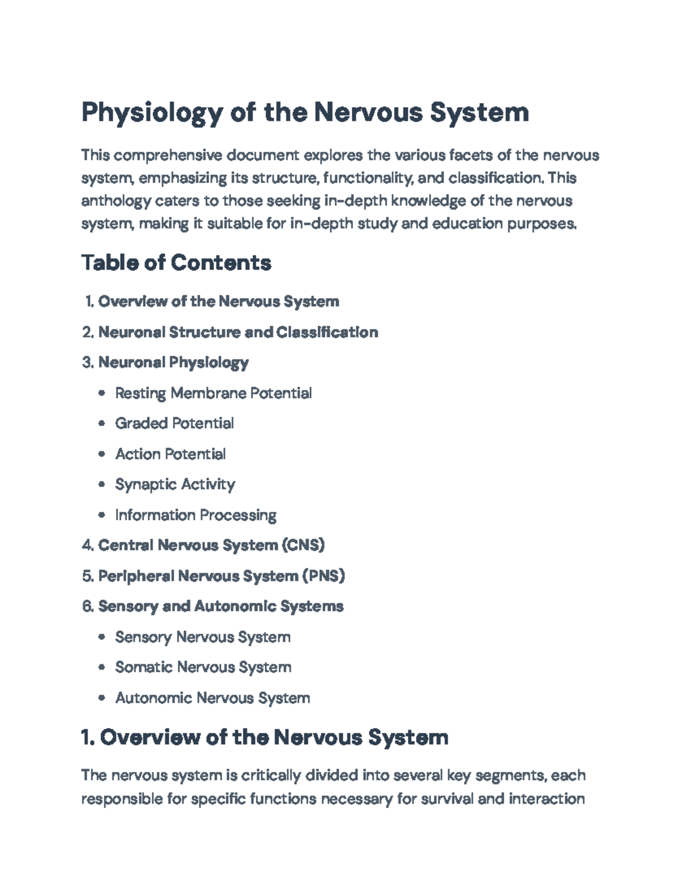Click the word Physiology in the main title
click(151, 113)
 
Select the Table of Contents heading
click(176, 263)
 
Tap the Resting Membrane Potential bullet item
click(213, 393)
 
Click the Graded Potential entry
click(174, 424)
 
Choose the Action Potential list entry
click(170, 454)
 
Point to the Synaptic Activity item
click(174, 485)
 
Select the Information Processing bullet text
click(195, 515)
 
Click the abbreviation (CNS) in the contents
click(303, 545)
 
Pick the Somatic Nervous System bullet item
click(203, 667)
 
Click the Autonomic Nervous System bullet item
click(212, 698)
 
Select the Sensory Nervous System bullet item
click(202, 637)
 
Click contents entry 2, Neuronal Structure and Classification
click(238, 332)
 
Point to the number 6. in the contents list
click(88, 606)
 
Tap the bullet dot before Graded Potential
click(102, 424)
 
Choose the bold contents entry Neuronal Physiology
click(173, 363)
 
